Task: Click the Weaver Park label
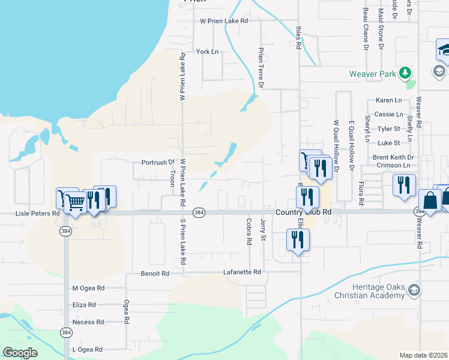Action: click(x=373, y=74)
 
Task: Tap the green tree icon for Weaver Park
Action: click(x=406, y=73)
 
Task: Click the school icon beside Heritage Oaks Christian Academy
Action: click(x=413, y=291)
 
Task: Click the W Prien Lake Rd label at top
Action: click(x=224, y=21)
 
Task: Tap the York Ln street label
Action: click(x=207, y=52)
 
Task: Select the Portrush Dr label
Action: click(x=157, y=162)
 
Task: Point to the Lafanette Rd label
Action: click(x=242, y=272)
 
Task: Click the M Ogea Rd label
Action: click(x=88, y=289)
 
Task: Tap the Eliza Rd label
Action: click(x=84, y=305)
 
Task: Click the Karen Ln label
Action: click(x=388, y=100)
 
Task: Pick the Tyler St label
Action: click(x=388, y=129)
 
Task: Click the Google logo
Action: click(x=20, y=353)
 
